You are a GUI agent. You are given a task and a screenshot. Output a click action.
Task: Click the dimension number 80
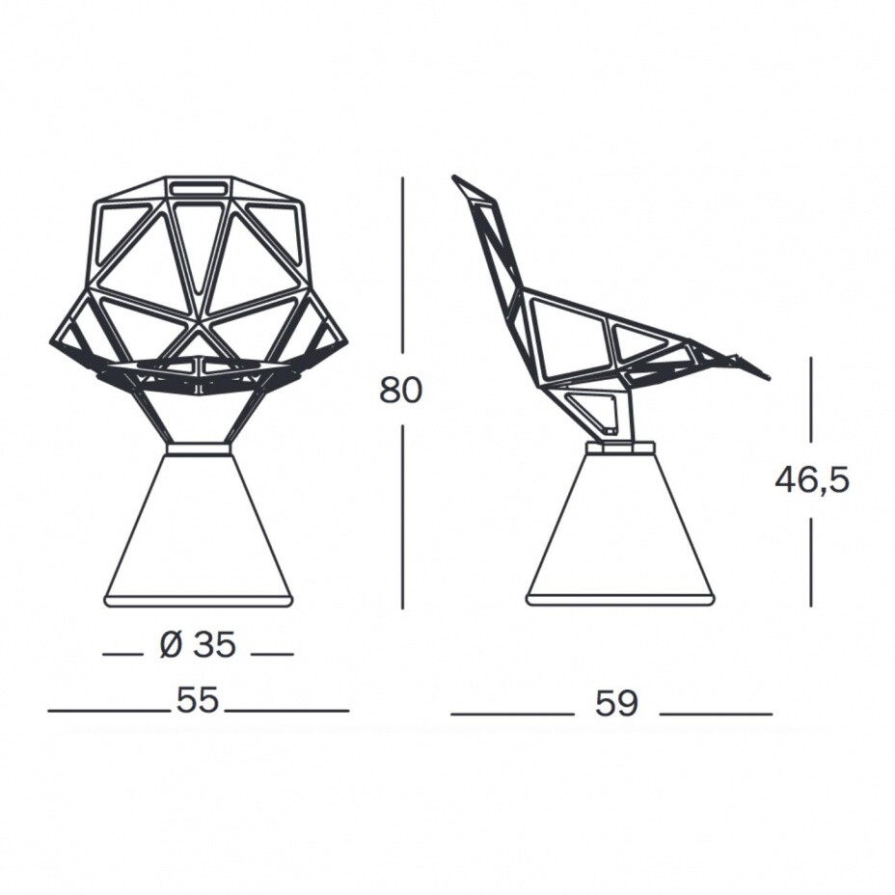(400, 391)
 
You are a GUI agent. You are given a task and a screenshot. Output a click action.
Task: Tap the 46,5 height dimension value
(812, 480)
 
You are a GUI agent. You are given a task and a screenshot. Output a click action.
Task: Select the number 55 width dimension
(198, 700)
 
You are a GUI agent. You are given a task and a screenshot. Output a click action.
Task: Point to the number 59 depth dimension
(616, 703)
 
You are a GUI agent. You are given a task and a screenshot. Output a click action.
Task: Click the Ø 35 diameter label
(198, 645)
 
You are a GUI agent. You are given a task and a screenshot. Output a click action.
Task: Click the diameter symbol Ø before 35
(172, 645)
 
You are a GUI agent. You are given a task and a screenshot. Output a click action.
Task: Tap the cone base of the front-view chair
(200, 530)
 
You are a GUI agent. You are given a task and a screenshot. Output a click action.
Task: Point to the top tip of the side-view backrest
(454, 176)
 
